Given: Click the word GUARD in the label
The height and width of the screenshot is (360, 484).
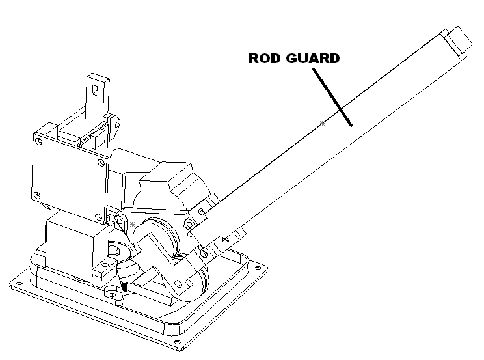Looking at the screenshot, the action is click(x=313, y=58).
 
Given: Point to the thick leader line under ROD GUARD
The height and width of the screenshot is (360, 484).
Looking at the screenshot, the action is click(x=332, y=97).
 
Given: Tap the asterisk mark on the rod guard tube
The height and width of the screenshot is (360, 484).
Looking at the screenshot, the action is click(x=322, y=123).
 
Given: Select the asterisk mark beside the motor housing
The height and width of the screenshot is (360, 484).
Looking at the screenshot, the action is click(x=133, y=224).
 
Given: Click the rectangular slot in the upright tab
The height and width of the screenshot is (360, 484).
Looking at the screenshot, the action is click(x=96, y=90).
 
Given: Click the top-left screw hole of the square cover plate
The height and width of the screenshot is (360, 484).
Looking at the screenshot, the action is click(x=39, y=141).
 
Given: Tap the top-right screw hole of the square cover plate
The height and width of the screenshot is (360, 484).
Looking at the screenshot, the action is click(x=101, y=162).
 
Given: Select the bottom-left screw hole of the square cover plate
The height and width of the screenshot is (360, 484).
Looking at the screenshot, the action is click(x=37, y=195).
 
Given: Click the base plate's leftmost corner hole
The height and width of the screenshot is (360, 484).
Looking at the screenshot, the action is click(x=19, y=283).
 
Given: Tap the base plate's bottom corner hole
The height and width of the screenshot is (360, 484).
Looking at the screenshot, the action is click(x=178, y=342).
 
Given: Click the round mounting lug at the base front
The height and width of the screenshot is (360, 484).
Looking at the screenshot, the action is click(x=113, y=292).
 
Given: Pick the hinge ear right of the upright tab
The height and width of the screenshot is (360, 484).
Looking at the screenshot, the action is click(x=114, y=124).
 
